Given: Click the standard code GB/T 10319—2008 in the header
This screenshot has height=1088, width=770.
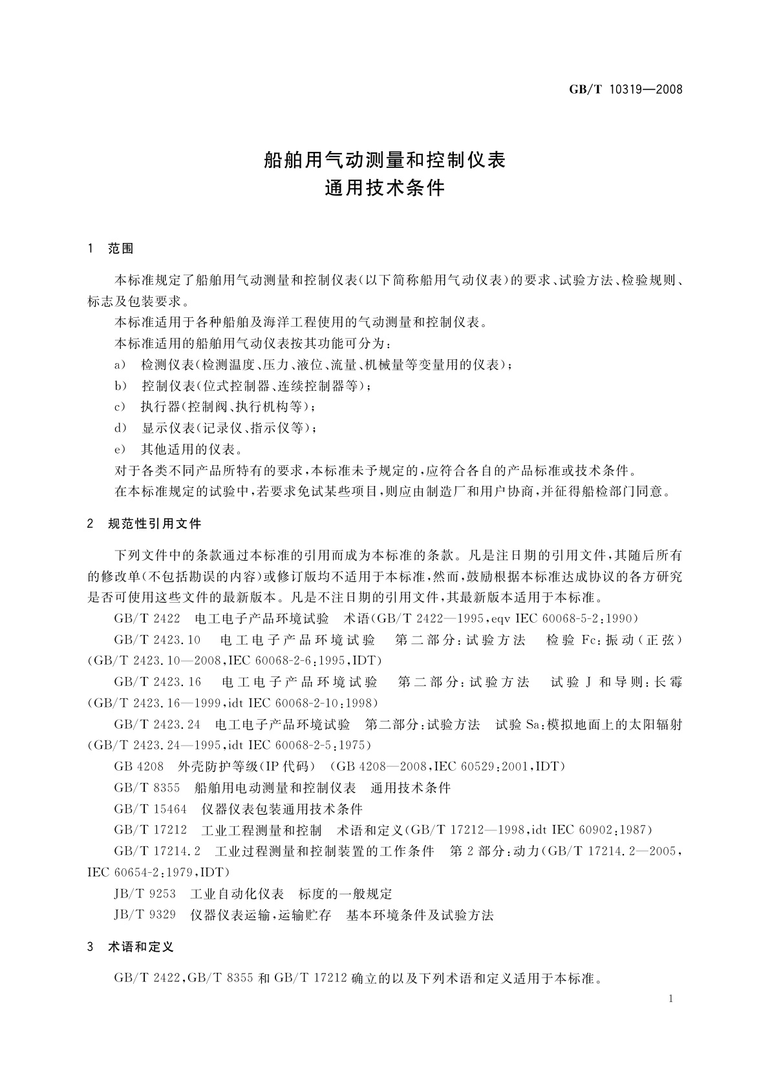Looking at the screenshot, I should point(626,89).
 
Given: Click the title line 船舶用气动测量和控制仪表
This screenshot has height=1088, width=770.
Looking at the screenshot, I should point(385,160).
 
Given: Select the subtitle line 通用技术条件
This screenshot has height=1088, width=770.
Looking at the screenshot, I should point(385,188).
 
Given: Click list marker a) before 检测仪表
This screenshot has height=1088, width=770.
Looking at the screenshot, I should point(120,365).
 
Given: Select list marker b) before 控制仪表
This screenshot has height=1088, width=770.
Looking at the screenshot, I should point(120,386).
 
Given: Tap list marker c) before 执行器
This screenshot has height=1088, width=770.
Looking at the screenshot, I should point(120,407).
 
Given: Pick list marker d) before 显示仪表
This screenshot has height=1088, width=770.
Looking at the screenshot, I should point(120,428).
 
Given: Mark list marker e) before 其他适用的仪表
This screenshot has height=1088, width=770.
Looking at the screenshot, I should point(120,449).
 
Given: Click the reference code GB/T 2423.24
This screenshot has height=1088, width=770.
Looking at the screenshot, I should point(157,724).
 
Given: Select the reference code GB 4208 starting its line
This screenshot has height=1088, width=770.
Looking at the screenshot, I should point(138,767).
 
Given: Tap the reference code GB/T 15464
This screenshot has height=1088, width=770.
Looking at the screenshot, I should point(150,809).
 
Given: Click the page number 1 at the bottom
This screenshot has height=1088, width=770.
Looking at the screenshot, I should point(670,999).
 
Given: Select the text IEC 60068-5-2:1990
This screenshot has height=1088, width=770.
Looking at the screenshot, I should point(575,619).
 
